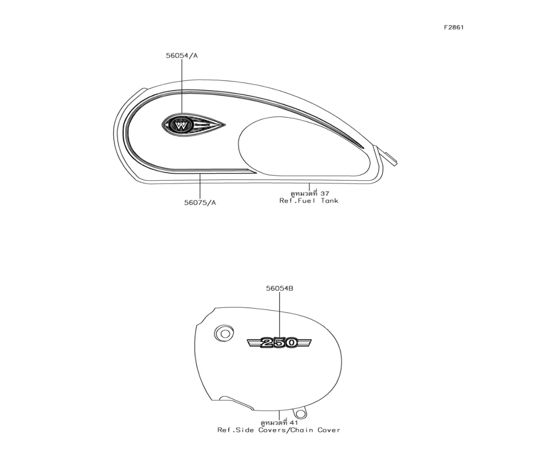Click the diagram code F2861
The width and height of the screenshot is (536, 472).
(x=453, y=27)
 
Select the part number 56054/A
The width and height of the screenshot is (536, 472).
(x=182, y=55)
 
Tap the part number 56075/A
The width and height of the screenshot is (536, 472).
(x=200, y=203)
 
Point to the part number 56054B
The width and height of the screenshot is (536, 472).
(x=280, y=289)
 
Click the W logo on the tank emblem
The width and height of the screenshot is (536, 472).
(x=181, y=126)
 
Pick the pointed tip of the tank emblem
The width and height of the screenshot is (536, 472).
(x=225, y=125)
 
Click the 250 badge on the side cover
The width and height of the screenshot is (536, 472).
(x=279, y=342)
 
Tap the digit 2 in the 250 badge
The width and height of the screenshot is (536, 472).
(x=266, y=342)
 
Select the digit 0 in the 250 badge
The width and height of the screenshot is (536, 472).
(x=291, y=342)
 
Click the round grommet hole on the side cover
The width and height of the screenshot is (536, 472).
(x=224, y=333)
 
